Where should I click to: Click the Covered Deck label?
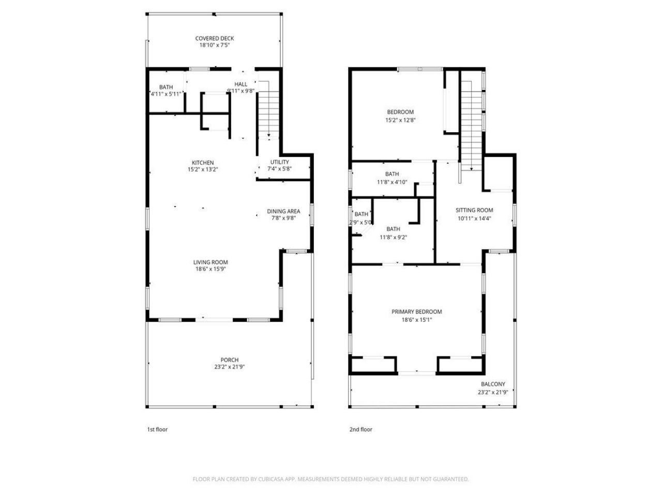click(x=214, y=38)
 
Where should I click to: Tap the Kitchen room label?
click(x=202, y=163)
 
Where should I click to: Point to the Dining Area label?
click(x=283, y=211)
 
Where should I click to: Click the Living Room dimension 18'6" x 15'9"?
click(x=210, y=269)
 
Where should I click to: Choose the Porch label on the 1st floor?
click(x=230, y=360)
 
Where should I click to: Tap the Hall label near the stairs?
click(x=240, y=84)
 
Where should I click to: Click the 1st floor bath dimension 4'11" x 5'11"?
click(x=165, y=94)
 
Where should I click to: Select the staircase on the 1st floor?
click(x=268, y=111)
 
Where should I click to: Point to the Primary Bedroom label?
click(x=416, y=312)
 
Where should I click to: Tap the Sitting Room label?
click(x=474, y=210)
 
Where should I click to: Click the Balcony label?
click(x=492, y=384)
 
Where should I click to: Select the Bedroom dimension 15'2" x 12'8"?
click(x=400, y=120)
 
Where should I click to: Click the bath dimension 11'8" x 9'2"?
click(x=393, y=238)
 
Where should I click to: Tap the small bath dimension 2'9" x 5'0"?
click(x=361, y=223)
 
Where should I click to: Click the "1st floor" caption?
click(x=157, y=429)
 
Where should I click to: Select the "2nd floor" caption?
click(x=360, y=429)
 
